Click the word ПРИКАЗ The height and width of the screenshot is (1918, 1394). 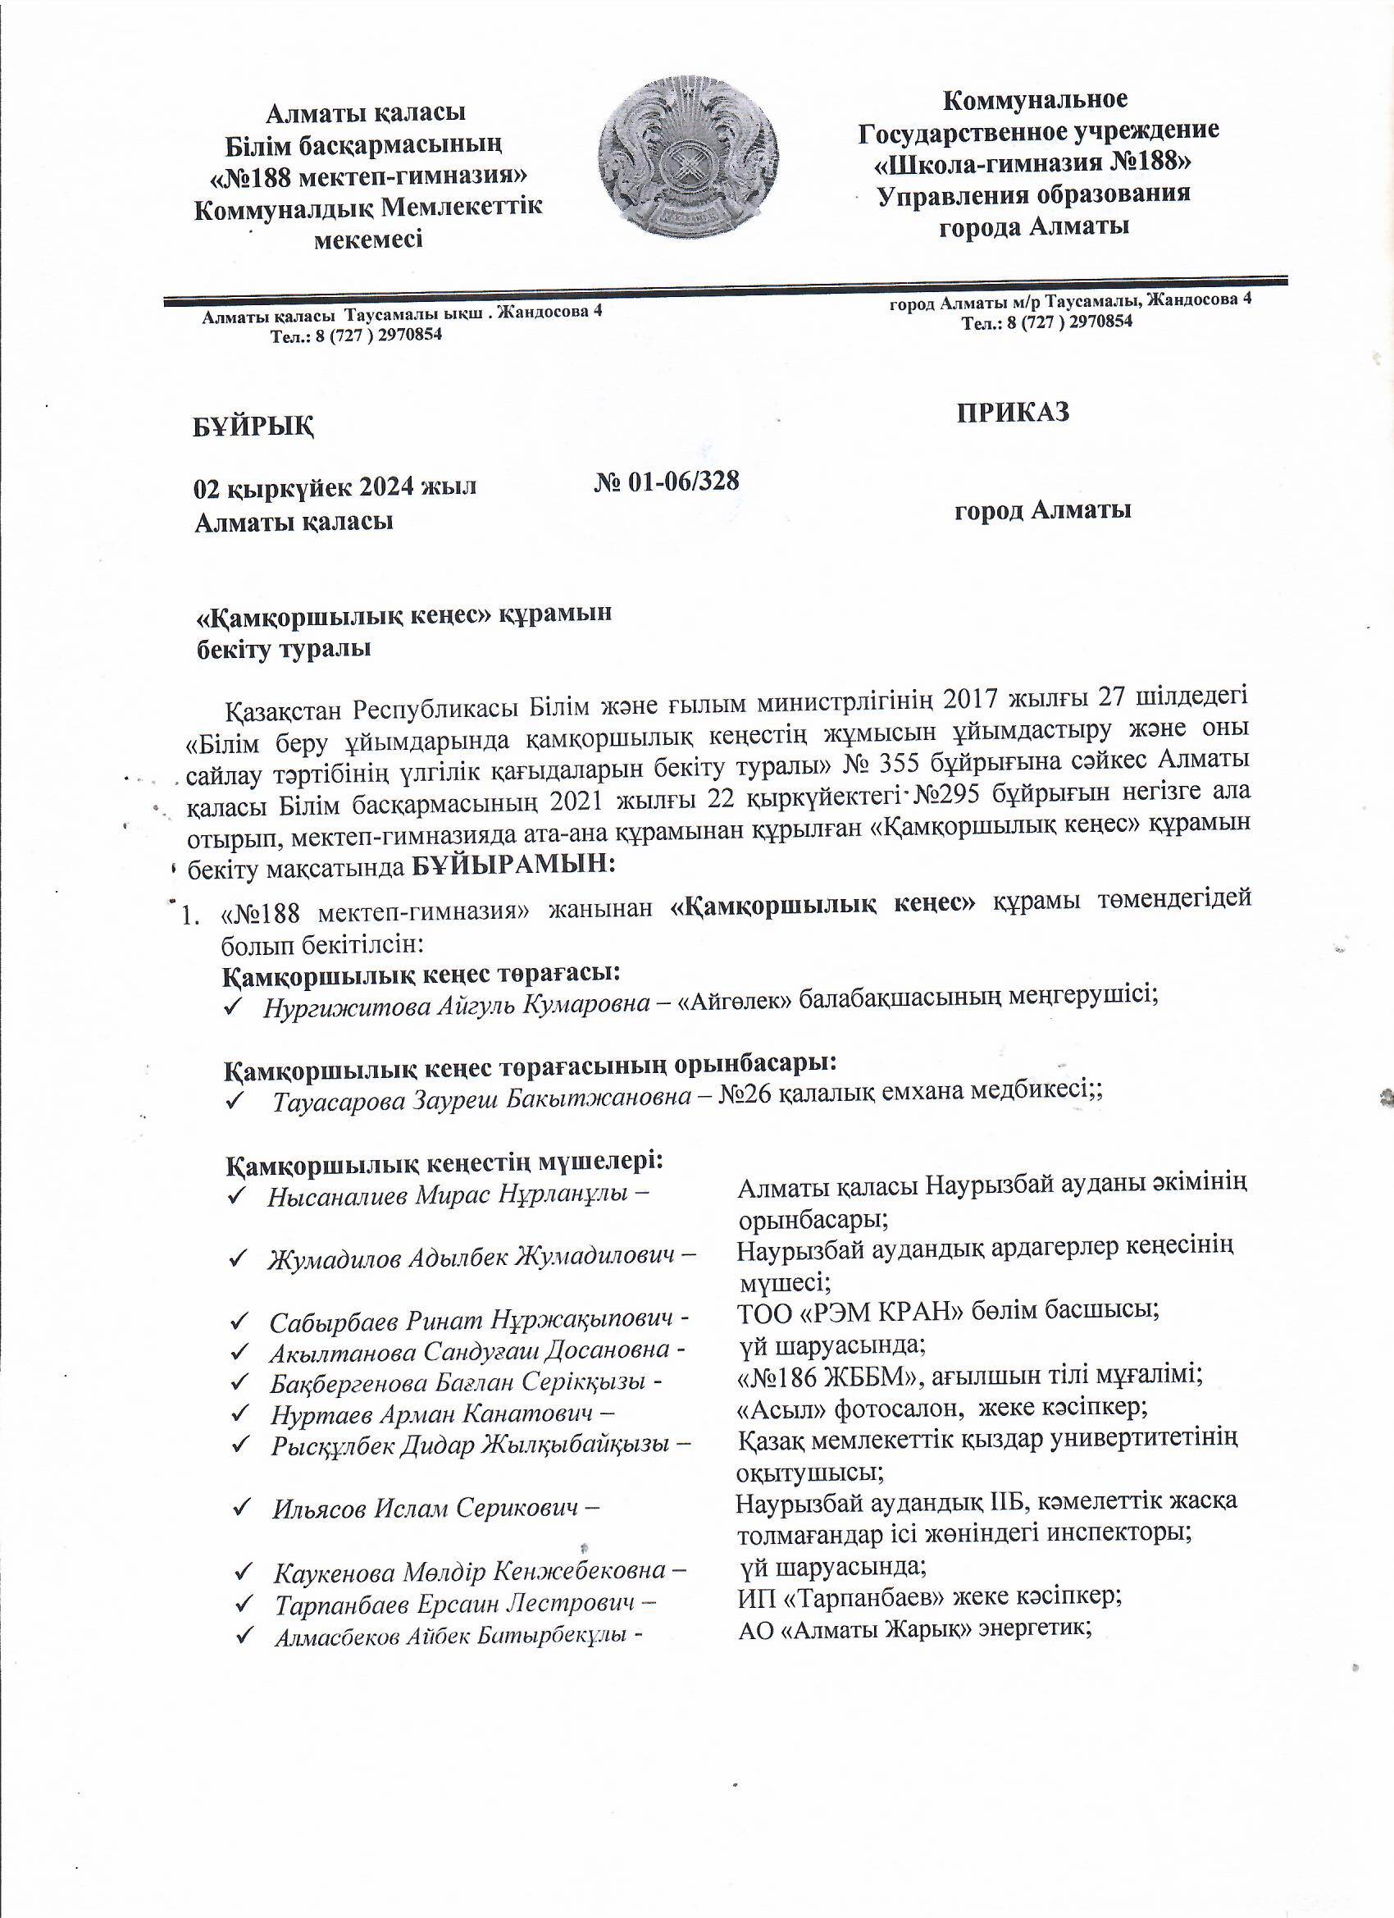[1013, 412]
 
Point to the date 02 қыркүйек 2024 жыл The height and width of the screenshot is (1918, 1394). [335, 488]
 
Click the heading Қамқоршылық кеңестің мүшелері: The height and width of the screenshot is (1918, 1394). [443, 1165]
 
